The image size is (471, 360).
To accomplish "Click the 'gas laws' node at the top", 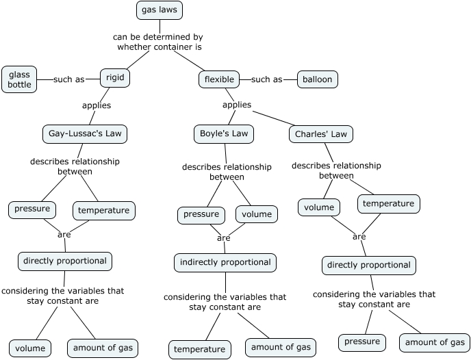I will point(160,10).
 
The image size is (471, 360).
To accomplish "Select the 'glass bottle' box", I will point(19,79).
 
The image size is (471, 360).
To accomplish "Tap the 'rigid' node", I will point(115,79).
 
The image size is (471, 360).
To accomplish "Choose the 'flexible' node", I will point(220,79).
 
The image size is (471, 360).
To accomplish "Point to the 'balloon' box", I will point(317,79).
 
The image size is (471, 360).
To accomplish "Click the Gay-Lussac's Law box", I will point(86,133).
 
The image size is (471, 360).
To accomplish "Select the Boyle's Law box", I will point(224,133).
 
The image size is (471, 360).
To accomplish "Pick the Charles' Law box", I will point(321,134).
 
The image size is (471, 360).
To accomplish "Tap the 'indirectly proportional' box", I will point(225,262).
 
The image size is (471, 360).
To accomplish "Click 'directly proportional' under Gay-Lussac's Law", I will point(65,261).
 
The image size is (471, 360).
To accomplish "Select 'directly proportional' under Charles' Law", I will point(369,265).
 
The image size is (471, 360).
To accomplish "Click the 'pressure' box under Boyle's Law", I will point(201,214).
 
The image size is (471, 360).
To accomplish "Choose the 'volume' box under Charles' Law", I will point(318,207).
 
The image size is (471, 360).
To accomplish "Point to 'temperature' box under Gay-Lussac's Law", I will point(104,210).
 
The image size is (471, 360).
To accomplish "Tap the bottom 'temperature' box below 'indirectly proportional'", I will point(199,349).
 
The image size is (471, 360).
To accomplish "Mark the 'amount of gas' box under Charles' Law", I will point(435,342).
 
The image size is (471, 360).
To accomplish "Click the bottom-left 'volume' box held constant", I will point(30,348).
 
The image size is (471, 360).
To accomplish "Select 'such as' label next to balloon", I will point(267,79).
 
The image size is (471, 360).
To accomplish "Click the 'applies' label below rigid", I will point(97,105).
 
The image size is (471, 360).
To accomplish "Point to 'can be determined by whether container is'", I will point(158,42).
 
